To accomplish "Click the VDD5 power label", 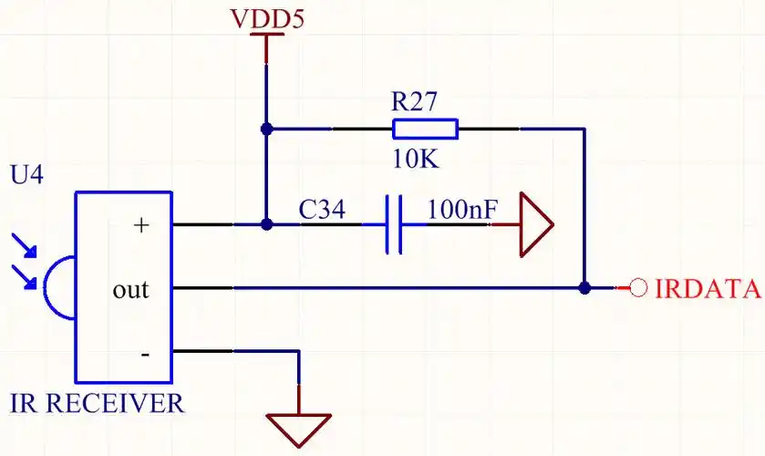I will click(265, 17).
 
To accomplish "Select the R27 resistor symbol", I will click(425, 129).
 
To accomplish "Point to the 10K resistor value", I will click(416, 160).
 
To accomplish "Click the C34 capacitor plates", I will click(394, 224).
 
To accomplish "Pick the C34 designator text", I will click(322, 211).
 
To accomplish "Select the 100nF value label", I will click(462, 210).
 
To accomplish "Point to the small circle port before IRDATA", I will click(638, 288).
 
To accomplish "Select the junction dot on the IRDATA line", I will click(584, 288).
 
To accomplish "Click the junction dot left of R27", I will click(266, 130).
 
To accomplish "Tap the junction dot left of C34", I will click(266, 224).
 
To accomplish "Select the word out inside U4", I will click(130, 290).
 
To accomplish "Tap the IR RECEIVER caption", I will click(96, 403).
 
